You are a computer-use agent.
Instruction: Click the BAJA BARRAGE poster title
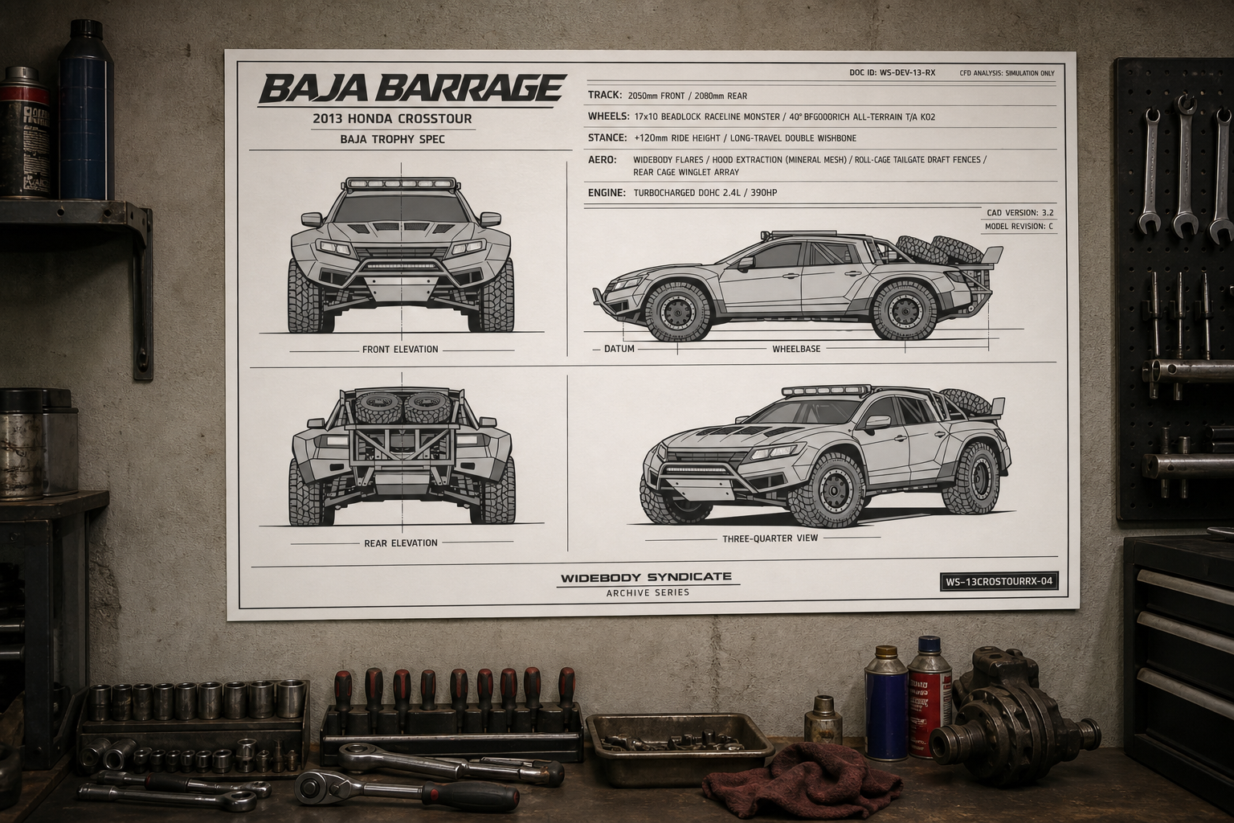pyautogui.click(x=412, y=89)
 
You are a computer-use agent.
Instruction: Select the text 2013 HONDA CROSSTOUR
pyautogui.click(x=392, y=118)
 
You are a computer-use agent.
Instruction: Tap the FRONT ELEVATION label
pyautogui.click(x=401, y=349)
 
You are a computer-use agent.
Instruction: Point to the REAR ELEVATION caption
pyautogui.click(x=401, y=543)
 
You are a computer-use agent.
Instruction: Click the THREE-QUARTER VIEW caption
pyautogui.click(x=770, y=538)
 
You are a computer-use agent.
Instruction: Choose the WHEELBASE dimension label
pyautogui.click(x=796, y=348)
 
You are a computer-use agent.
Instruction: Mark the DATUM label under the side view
pyautogui.click(x=619, y=348)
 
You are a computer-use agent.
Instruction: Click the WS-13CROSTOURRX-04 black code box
pyautogui.click(x=999, y=582)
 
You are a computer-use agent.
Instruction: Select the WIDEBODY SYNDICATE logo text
pyautogui.click(x=646, y=578)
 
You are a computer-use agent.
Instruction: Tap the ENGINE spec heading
pyautogui.click(x=607, y=193)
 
